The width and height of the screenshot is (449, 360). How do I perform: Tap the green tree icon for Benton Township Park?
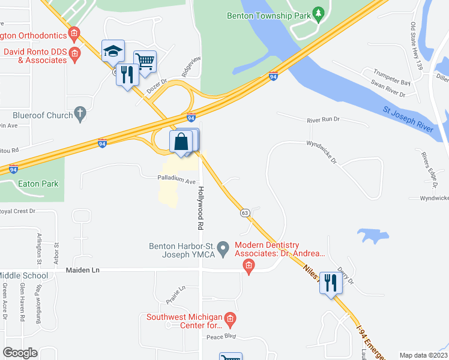319,14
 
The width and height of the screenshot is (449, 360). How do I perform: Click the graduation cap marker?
112,51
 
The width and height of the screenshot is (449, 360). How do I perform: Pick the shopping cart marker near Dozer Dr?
145,61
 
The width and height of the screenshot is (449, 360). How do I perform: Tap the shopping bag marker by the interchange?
182,142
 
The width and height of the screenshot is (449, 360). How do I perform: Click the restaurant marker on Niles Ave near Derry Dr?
330,282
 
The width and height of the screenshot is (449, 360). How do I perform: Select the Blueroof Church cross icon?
80,114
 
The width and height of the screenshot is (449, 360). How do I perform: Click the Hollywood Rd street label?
200,208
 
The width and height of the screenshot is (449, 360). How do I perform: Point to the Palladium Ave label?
177,180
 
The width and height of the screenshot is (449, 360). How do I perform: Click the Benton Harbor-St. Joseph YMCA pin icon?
223,247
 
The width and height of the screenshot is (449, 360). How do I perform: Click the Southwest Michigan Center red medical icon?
230,317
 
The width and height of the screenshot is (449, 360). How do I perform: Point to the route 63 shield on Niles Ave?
245,212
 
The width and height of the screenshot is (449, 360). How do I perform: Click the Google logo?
20,353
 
